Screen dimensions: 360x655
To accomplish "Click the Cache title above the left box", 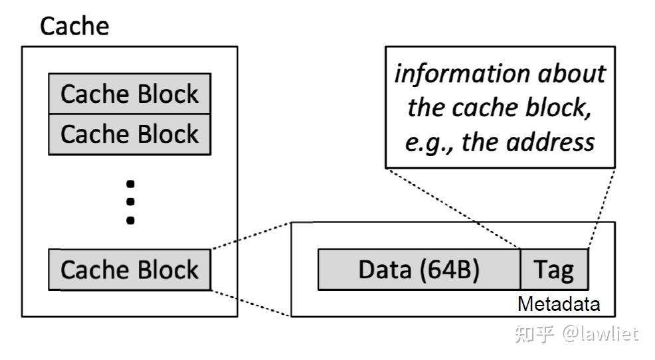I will pyautogui.click(x=74, y=27).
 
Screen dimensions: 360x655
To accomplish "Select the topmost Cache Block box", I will pyautogui.click(x=130, y=94).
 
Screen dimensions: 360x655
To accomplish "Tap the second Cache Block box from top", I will pyautogui.click(x=130, y=134).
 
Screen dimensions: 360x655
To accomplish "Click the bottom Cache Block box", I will pyautogui.click(x=130, y=270).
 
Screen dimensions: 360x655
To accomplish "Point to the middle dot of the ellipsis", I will pyautogui.click(x=130, y=201).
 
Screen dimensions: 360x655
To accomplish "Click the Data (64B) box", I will pyautogui.click(x=419, y=270).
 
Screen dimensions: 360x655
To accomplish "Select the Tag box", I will pyautogui.click(x=554, y=270).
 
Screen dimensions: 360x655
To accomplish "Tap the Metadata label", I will pyautogui.click(x=558, y=305).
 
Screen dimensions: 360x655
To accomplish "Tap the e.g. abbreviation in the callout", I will pyautogui.click(x=423, y=141).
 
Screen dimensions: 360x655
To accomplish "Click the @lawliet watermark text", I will pyautogui.click(x=600, y=333).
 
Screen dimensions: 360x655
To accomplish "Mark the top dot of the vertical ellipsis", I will pyautogui.click(x=130, y=183).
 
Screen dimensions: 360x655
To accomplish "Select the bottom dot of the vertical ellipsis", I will pyautogui.click(x=130, y=219).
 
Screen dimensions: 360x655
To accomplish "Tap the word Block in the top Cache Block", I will pyautogui.click(x=168, y=94).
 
